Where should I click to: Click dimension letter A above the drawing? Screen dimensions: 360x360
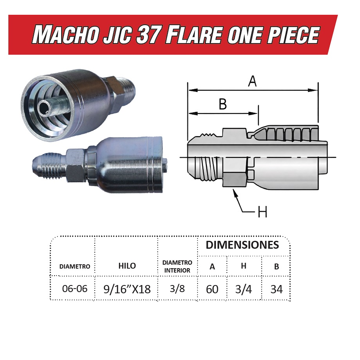[253, 81]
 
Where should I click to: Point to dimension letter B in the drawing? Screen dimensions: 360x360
[223, 104]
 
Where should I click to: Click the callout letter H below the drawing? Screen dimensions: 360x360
[262, 212]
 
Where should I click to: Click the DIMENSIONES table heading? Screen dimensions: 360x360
[242, 245]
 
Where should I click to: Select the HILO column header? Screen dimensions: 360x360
[127, 266]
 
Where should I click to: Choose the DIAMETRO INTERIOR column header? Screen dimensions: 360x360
[177, 266]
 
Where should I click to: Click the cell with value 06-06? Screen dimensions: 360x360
[75, 288]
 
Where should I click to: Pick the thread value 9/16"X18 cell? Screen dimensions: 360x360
[127, 289]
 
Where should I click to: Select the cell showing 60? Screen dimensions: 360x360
[212, 289]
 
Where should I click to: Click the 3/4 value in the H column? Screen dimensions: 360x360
[244, 289]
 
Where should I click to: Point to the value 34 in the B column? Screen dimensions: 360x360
[276, 289]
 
